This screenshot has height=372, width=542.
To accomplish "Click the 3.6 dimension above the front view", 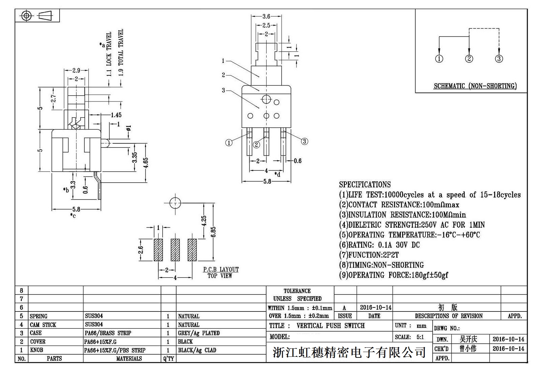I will coord(266,16).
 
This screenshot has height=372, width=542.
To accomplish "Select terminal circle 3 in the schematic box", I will coord(499,59).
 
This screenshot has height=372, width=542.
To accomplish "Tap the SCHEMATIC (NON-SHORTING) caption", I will coord(475,86).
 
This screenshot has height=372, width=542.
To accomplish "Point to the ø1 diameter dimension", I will coord(128,129).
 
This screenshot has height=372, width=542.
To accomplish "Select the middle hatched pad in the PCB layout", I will coord(175,250).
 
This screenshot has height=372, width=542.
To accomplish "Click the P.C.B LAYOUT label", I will coord(221,270).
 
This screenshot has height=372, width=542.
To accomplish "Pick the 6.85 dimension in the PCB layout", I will coord(213,232).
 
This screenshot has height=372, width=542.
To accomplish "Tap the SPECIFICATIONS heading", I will coord(365,185).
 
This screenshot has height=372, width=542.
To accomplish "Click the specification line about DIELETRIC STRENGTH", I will coord(412,225).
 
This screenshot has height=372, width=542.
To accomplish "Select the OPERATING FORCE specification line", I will coord(394,275).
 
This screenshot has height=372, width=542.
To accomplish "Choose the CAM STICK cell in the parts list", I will coord(43,325).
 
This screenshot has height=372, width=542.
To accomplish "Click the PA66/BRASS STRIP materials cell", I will coord(108,333).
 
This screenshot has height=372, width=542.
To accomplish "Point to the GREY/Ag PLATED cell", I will coord(199,333).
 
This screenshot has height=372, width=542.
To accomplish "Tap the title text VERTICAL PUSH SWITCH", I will coord(330,326).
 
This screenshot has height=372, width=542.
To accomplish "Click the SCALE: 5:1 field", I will coord(409,337).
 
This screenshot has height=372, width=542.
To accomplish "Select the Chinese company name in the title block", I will coord(349,353).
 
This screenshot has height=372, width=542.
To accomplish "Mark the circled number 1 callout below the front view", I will coord(229,143).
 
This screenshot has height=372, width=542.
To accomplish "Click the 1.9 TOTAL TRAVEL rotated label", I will coord(121,52).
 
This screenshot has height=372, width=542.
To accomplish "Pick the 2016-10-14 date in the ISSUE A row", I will coord(375,307).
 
